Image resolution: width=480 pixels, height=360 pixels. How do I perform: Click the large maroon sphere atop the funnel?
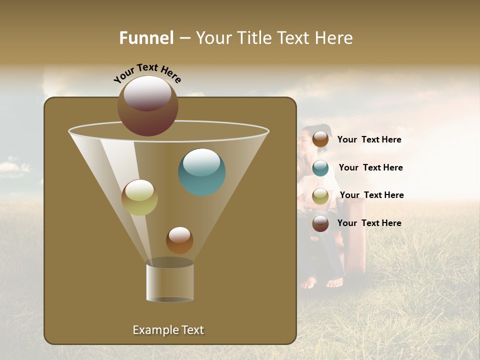point(148,105)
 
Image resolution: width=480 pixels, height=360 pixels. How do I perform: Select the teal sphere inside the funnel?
point(202,172)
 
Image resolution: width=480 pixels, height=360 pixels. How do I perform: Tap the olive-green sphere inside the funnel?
point(139,197)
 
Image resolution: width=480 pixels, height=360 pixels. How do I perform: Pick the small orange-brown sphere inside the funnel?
point(179,240)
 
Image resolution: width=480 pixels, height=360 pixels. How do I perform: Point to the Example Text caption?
point(168,330)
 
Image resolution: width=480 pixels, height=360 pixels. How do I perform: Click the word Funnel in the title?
point(146,38)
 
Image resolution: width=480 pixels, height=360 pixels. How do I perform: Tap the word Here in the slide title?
point(334,38)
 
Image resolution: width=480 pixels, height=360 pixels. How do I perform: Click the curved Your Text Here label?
point(147,74)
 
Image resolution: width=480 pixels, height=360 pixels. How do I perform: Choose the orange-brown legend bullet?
point(320,139)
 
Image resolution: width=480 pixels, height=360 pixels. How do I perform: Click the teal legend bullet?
point(320,168)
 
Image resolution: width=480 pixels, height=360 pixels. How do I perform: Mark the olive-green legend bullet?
point(320,196)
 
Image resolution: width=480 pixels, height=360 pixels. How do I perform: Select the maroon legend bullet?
point(320,223)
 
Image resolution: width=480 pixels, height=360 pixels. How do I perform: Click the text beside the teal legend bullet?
point(370,167)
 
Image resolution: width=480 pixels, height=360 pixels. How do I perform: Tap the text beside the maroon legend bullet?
point(369,223)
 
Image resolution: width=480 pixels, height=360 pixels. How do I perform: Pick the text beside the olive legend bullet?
point(371,195)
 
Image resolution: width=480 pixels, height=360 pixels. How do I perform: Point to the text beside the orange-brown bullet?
point(369,139)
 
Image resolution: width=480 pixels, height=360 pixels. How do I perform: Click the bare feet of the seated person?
point(322,283)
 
